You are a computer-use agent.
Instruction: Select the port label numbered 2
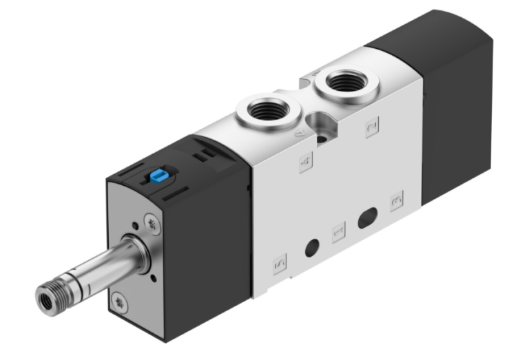(372, 127)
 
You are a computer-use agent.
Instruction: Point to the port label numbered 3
(396, 201)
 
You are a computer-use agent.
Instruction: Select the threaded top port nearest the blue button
(265, 108)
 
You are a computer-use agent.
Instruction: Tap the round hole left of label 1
(312, 246)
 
